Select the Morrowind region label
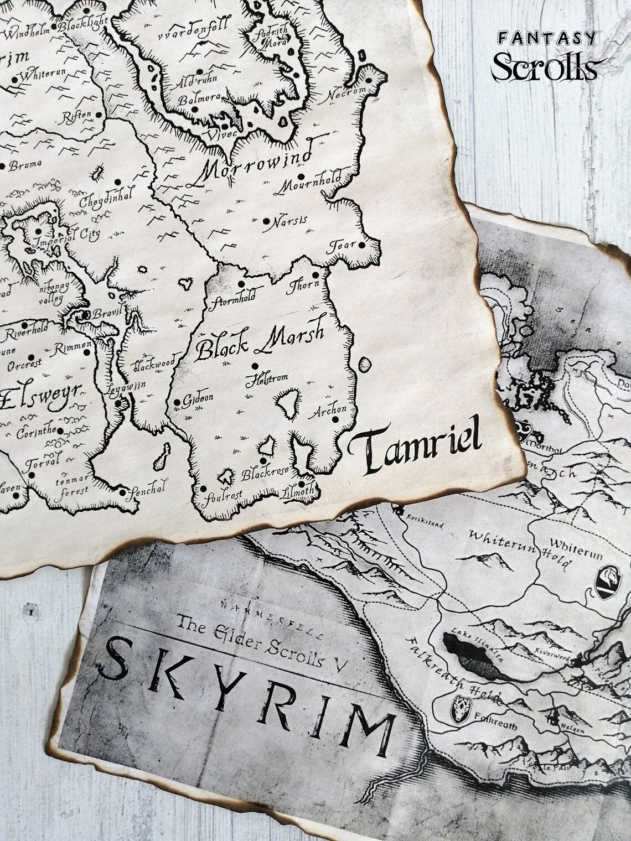(x=254, y=164)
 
